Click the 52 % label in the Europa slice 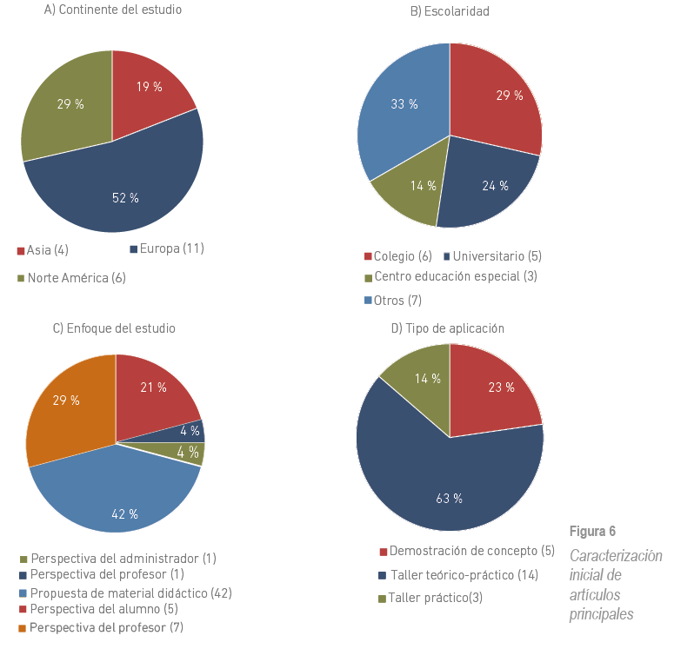125,198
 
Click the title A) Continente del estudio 112,10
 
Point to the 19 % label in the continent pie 149,86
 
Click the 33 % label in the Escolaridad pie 404,104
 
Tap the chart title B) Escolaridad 449,11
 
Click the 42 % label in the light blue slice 124,514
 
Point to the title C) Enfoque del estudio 114,328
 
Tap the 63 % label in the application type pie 449,498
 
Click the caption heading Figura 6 592,532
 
